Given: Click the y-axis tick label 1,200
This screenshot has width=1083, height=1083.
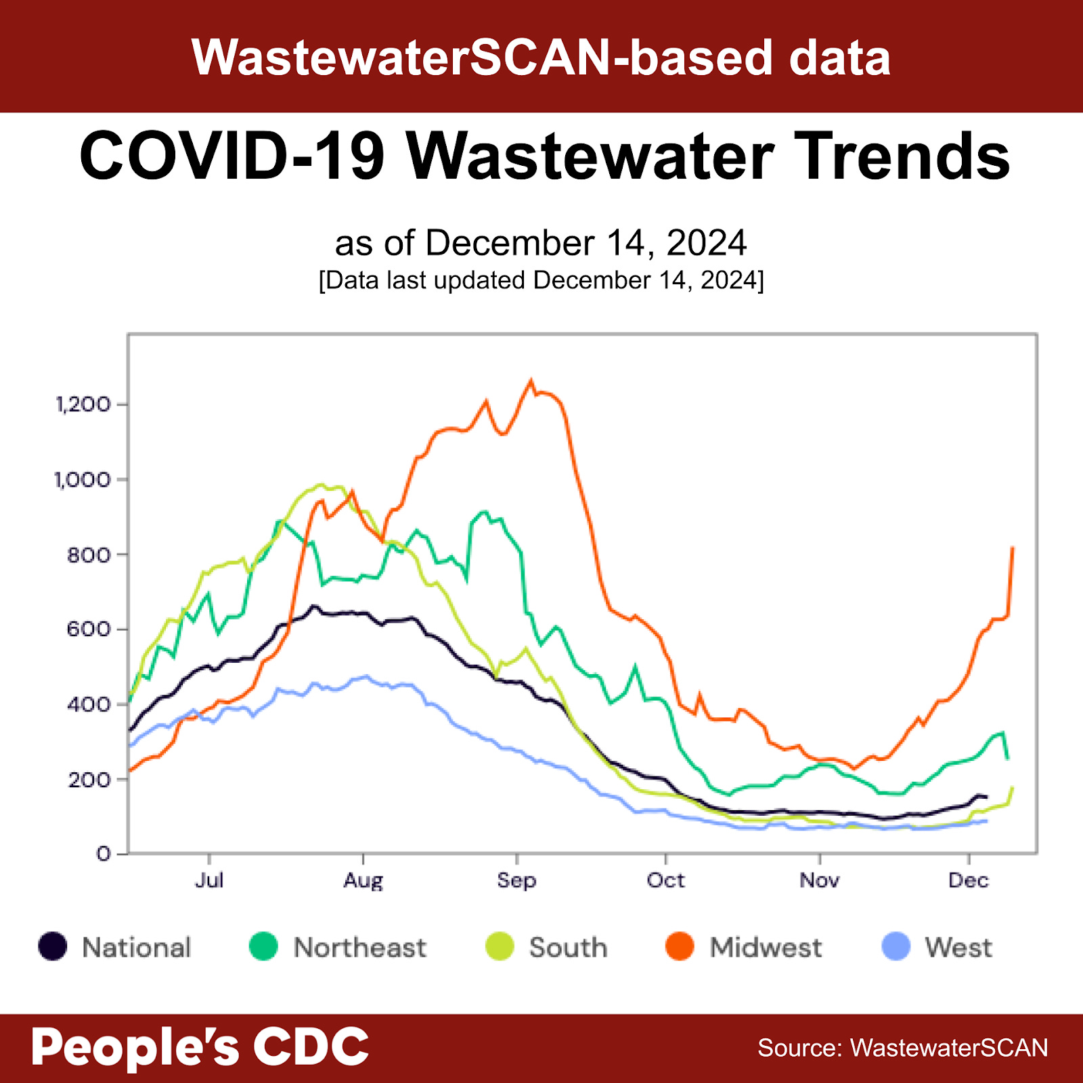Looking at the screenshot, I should (x=83, y=405).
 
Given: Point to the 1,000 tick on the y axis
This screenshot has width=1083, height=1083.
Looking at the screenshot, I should (x=83, y=480).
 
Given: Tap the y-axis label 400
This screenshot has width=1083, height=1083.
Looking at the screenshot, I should (x=88, y=705).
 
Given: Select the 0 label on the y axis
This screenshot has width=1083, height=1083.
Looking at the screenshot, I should (x=103, y=854).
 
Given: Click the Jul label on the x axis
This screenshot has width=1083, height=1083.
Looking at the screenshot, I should (x=209, y=881).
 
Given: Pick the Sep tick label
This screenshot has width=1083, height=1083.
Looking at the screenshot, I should (x=516, y=881).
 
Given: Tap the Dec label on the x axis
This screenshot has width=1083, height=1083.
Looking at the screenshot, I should (x=968, y=881).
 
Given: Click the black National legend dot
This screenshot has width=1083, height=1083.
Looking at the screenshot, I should (x=53, y=947).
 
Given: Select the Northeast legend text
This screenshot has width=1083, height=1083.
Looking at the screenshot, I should (x=359, y=948).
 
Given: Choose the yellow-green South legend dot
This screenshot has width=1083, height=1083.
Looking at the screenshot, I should (x=500, y=947).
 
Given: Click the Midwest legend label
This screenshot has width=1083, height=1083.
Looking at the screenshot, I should (x=766, y=948).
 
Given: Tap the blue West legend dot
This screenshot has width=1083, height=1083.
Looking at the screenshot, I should (x=896, y=947).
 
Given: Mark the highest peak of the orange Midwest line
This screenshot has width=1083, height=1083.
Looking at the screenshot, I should (x=531, y=381).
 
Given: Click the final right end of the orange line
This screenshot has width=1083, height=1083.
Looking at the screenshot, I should (x=1013, y=548).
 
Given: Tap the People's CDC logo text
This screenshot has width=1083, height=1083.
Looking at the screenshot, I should (x=200, y=1047).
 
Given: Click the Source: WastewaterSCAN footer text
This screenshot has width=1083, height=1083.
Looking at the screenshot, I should (x=902, y=1048).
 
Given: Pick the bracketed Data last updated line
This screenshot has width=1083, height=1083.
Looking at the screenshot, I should (x=541, y=280).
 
